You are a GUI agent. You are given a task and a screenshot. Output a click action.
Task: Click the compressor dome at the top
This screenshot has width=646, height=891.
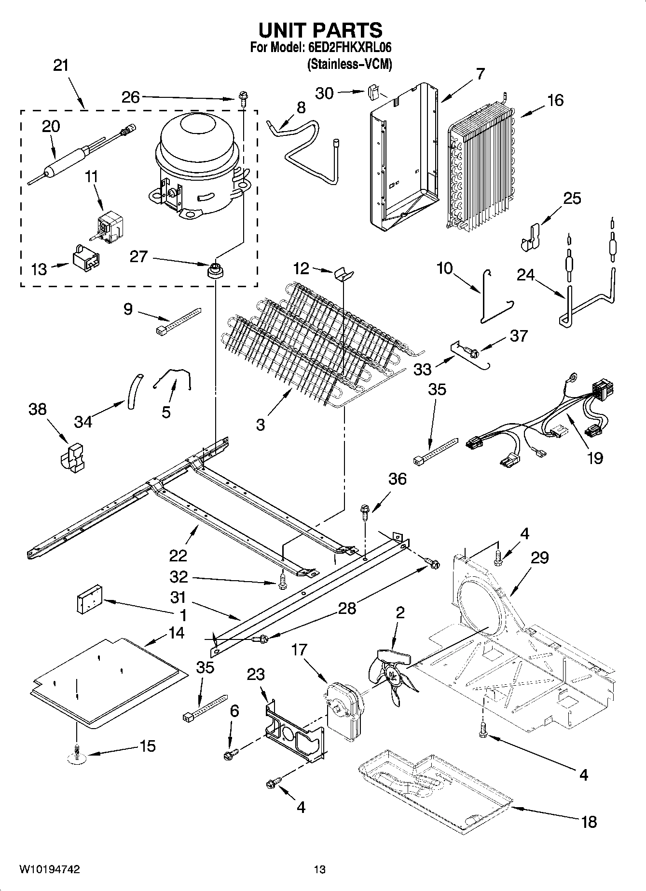point(198,137)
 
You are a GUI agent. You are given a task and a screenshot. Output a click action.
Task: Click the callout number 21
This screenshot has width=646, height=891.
point(61,66)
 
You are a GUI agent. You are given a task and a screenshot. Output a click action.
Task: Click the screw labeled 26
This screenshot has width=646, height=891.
point(242,100)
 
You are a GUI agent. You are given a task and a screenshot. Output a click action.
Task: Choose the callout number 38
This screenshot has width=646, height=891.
point(37,409)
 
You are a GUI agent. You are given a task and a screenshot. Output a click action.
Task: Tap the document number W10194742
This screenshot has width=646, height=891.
point(50,869)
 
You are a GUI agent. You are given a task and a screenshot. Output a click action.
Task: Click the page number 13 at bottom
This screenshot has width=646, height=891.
point(319,869)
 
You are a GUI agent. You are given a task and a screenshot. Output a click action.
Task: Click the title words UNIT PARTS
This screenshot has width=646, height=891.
point(320,30)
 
